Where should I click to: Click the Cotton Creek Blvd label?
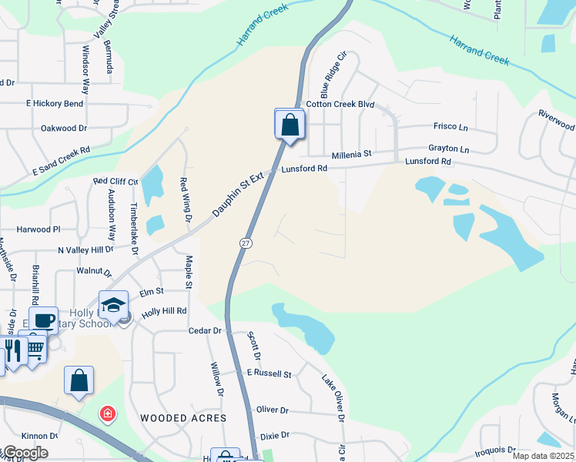coord(340,104)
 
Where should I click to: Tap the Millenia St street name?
coord(352,154)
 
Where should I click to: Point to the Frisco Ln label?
coord(451,127)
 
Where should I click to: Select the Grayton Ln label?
coord(448,149)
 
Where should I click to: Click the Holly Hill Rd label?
coord(164,311)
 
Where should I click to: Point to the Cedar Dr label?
coord(205,330)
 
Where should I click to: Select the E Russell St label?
coord(269,373)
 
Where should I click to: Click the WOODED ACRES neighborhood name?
coord(183,418)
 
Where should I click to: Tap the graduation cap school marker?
coord(113,305)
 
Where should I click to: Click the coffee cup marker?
coord(44,319)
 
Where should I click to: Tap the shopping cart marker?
coord(35,347)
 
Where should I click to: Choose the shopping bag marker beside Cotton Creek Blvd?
coord(290,124)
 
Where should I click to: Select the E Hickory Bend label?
coord(55,103)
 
